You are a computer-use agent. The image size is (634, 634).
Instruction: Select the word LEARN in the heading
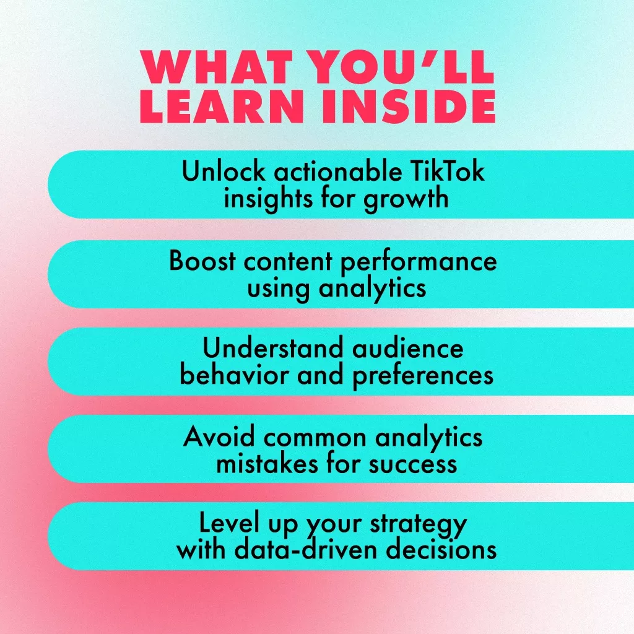pos(222,106)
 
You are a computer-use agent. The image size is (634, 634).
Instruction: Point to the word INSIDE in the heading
pos(409,106)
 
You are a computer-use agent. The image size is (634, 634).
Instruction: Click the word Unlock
pos(224,171)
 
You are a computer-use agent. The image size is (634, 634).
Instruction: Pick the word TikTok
pos(447,171)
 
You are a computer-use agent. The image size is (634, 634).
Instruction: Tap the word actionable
pos(338,171)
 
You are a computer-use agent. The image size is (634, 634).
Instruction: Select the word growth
pos(406,200)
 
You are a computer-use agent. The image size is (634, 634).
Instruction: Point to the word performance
pos(419,263)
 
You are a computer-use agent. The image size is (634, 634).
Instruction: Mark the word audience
pos(407,348)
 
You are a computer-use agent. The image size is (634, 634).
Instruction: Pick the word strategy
pos(419,525)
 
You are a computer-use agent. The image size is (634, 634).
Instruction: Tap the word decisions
pos(441,549)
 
